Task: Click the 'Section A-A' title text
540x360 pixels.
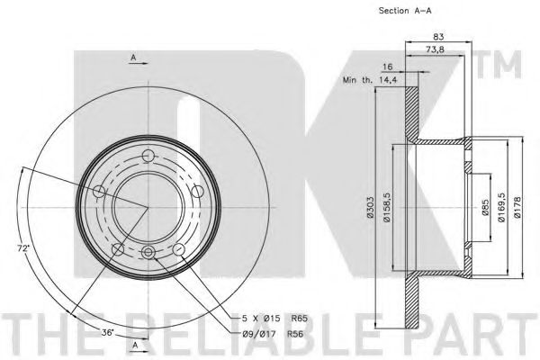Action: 405,11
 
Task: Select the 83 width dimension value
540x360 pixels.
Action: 438,36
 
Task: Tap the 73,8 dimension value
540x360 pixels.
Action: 435,49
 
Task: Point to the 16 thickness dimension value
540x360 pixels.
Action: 387,67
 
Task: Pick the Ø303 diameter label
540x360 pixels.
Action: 370,207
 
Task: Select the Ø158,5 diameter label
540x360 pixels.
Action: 386,208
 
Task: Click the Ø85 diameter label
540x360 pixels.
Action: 485,208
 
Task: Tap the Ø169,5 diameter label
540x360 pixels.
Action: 501,207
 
